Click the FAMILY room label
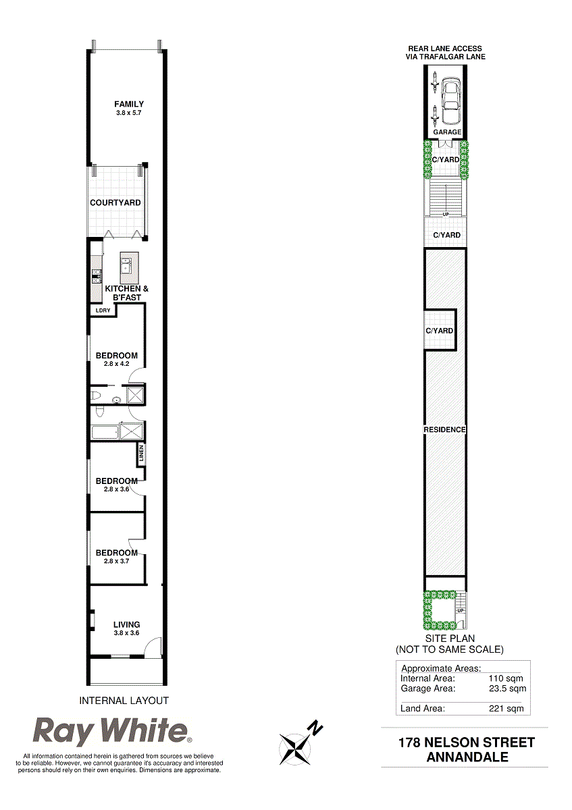coord(129,104)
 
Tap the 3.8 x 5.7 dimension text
coord(128,113)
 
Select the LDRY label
coord(103,310)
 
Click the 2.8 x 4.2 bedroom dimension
coord(117,364)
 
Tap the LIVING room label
coord(127,624)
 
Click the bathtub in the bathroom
coord(105,432)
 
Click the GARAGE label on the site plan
coord(447,132)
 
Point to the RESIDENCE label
coord(444,429)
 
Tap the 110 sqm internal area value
coord(506,678)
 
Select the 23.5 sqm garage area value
coord(507,688)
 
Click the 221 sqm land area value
coord(506,708)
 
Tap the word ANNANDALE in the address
coord(467,757)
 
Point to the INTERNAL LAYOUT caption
coord(124,701)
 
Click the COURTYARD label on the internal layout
coord(115,202)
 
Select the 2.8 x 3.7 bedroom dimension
coord(117,561)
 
